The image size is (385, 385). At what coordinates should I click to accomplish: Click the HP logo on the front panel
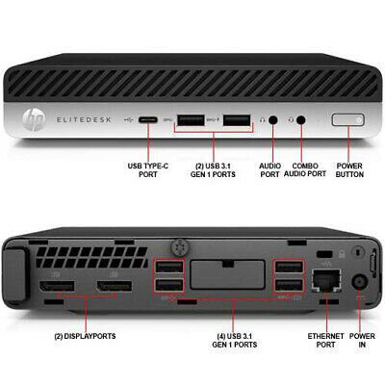[34, 120]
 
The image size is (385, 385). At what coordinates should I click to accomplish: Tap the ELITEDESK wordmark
[84, 120]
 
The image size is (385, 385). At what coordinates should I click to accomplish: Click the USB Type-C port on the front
[148, 120]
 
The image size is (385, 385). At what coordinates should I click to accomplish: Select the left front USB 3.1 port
[191, 120]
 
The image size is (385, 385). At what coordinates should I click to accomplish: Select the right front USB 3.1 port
[237, 120]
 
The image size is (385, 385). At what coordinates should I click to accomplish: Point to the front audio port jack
[272, 120]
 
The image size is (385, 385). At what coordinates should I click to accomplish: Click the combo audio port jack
[300, 120]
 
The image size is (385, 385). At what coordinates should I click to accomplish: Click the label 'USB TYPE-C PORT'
[148, 170]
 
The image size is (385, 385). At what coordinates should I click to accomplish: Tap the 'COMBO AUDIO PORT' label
[305, 170]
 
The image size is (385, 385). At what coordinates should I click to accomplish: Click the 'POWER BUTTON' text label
[349, 170]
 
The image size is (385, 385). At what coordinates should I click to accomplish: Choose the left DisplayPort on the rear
[57, 286]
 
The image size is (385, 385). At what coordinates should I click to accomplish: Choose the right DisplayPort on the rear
[114, 286]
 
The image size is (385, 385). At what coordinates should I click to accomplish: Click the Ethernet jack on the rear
[326, 281]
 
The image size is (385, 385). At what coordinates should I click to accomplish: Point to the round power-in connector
[360, 283]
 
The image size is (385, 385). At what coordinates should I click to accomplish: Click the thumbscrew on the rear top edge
[180, 246]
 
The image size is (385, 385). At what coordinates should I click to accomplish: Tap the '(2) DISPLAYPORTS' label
[85, 336]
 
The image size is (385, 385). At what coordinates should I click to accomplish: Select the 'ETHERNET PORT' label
[325, 341]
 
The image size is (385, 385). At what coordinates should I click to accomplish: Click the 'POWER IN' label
[362, 341]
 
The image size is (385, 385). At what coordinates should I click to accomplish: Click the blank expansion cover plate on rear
[228, 274]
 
